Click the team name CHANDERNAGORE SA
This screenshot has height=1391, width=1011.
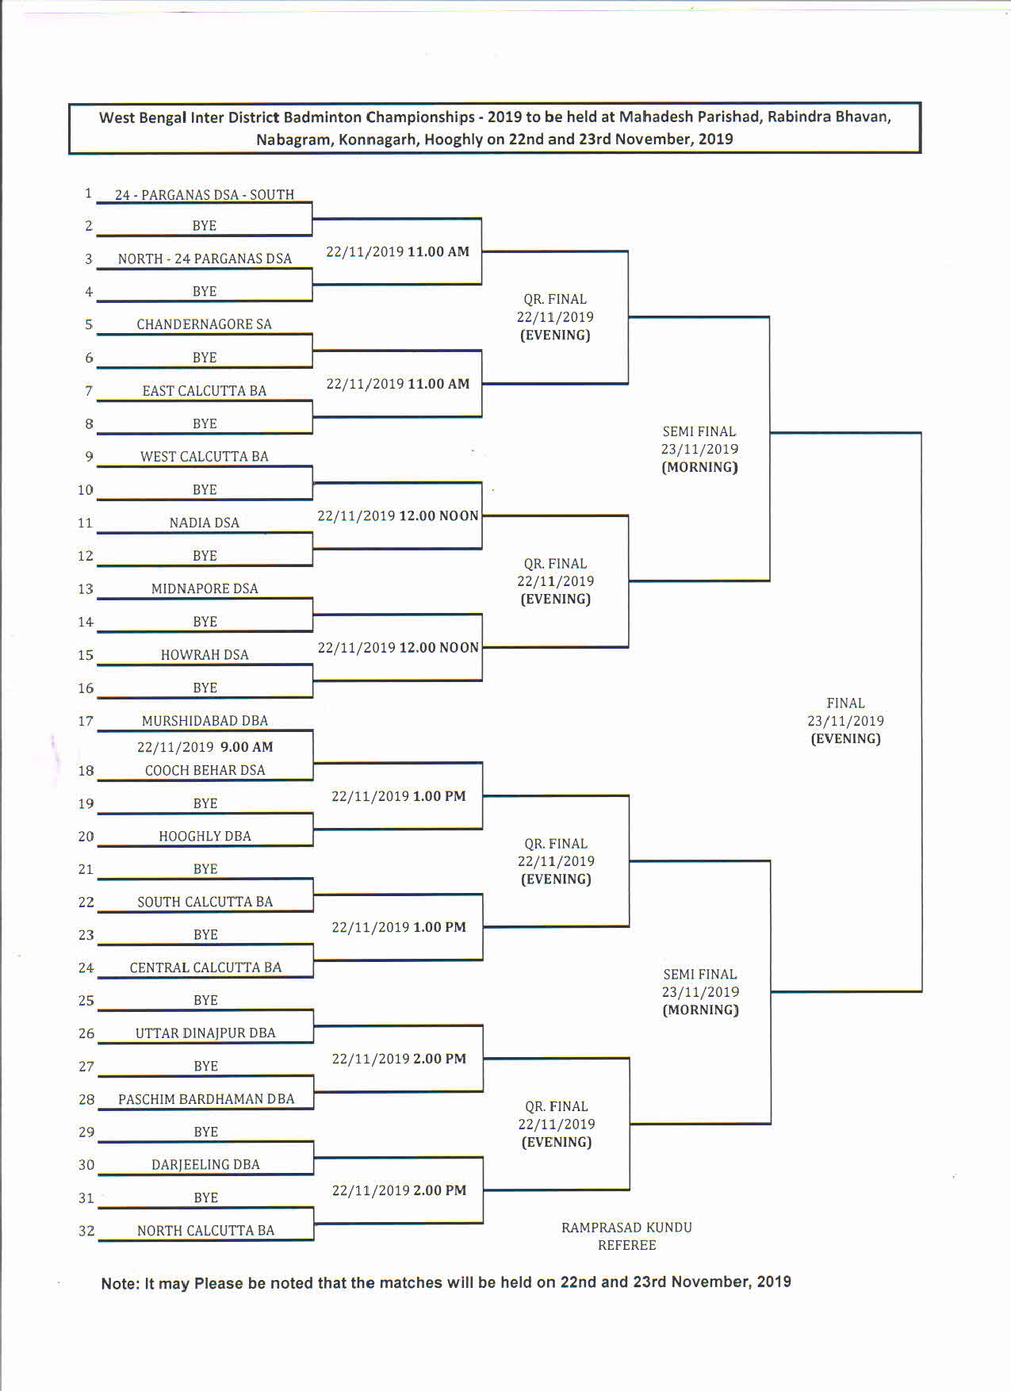[204, 324]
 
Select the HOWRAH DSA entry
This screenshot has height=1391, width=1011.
[205, 655]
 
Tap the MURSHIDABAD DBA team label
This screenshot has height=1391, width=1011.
[205, 721]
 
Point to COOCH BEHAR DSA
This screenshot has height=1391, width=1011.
[205, 770]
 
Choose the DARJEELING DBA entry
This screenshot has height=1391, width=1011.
[205, 1165]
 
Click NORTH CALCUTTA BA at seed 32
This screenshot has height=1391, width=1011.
[205, 1231]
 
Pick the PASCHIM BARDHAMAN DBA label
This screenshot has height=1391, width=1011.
[206, 1099]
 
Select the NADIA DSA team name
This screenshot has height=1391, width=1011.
[204, 523]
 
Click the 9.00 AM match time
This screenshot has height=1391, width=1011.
[247, 747]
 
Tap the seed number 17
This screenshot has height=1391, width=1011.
[86, 722]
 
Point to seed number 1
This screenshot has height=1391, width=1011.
[88, 194]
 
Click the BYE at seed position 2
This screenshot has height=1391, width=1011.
[204, 226]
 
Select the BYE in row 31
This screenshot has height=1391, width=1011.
[205, 1198]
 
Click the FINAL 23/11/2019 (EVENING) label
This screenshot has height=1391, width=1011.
[845, 721]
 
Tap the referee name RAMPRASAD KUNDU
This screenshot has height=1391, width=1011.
[626, 1228]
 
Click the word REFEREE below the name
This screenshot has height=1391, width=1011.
[626, 1246]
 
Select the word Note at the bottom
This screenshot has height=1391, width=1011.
[120, 1284]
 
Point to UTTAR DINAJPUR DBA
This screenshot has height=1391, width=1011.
[205, 1033]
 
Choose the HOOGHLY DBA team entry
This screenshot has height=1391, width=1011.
[205, 837]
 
